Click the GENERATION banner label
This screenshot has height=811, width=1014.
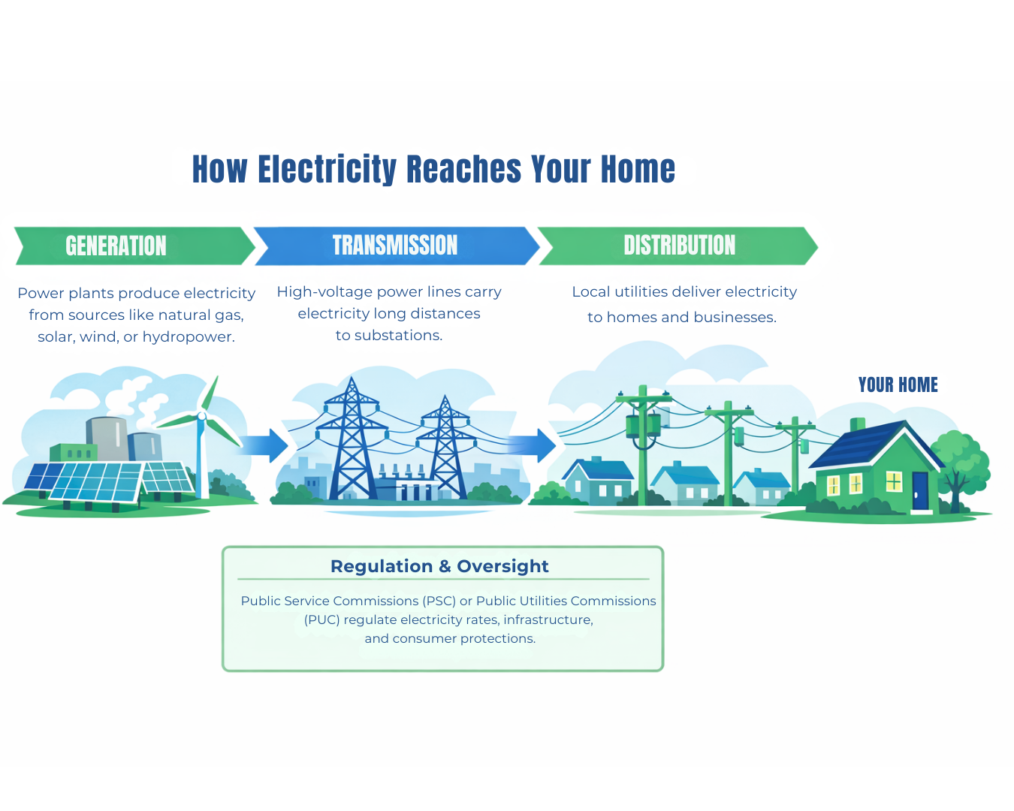(x=116, y=246)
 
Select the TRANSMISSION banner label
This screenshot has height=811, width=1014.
(x=395, y=245)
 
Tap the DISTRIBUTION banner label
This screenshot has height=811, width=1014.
(x=679, y=245)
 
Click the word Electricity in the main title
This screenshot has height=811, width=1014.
(x=327, y=170)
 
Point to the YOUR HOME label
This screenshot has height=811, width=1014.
(x=898, y=385)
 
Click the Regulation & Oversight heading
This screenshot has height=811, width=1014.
(x=439, y=566)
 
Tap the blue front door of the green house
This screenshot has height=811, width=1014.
(x=920, y=490)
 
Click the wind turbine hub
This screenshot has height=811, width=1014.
(x=201, y=415)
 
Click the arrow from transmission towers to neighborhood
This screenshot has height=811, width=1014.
(x=535, y=445)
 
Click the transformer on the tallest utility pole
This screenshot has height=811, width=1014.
(x=643, y=425)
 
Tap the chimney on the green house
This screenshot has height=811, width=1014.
(x=857, y=426)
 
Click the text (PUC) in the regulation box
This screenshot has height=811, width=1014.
(x=321, y=620)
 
